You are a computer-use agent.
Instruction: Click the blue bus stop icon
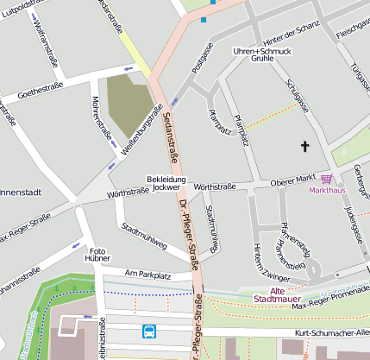click(x=149, y=330)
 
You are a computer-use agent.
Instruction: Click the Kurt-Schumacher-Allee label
click(x=331, y=332)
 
